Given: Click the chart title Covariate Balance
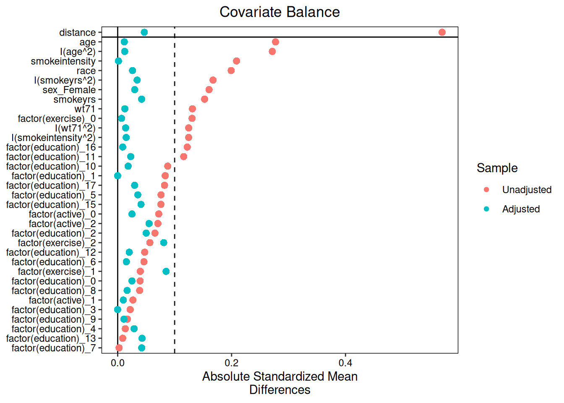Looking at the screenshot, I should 279,12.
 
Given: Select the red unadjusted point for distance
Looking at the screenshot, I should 442,32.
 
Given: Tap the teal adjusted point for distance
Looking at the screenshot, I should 144,32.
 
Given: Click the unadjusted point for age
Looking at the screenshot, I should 275,42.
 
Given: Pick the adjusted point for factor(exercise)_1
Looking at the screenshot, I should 166,272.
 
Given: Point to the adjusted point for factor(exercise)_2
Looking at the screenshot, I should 164,243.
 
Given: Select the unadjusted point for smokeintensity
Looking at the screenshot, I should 236,61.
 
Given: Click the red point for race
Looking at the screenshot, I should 231,71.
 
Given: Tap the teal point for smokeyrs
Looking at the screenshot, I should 142,99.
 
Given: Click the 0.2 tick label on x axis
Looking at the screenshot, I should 231,363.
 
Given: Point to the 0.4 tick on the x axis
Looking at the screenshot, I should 345,363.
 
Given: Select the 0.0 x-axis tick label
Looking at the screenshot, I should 117,363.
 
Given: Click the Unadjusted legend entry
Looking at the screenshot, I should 527,190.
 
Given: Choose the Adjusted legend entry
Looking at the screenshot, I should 521,209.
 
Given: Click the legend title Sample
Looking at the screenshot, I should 497,168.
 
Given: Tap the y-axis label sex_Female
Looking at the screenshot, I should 69,90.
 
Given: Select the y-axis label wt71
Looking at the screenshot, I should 85,109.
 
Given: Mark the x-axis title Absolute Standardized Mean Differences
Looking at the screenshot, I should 279,383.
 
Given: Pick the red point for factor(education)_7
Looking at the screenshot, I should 119,348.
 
